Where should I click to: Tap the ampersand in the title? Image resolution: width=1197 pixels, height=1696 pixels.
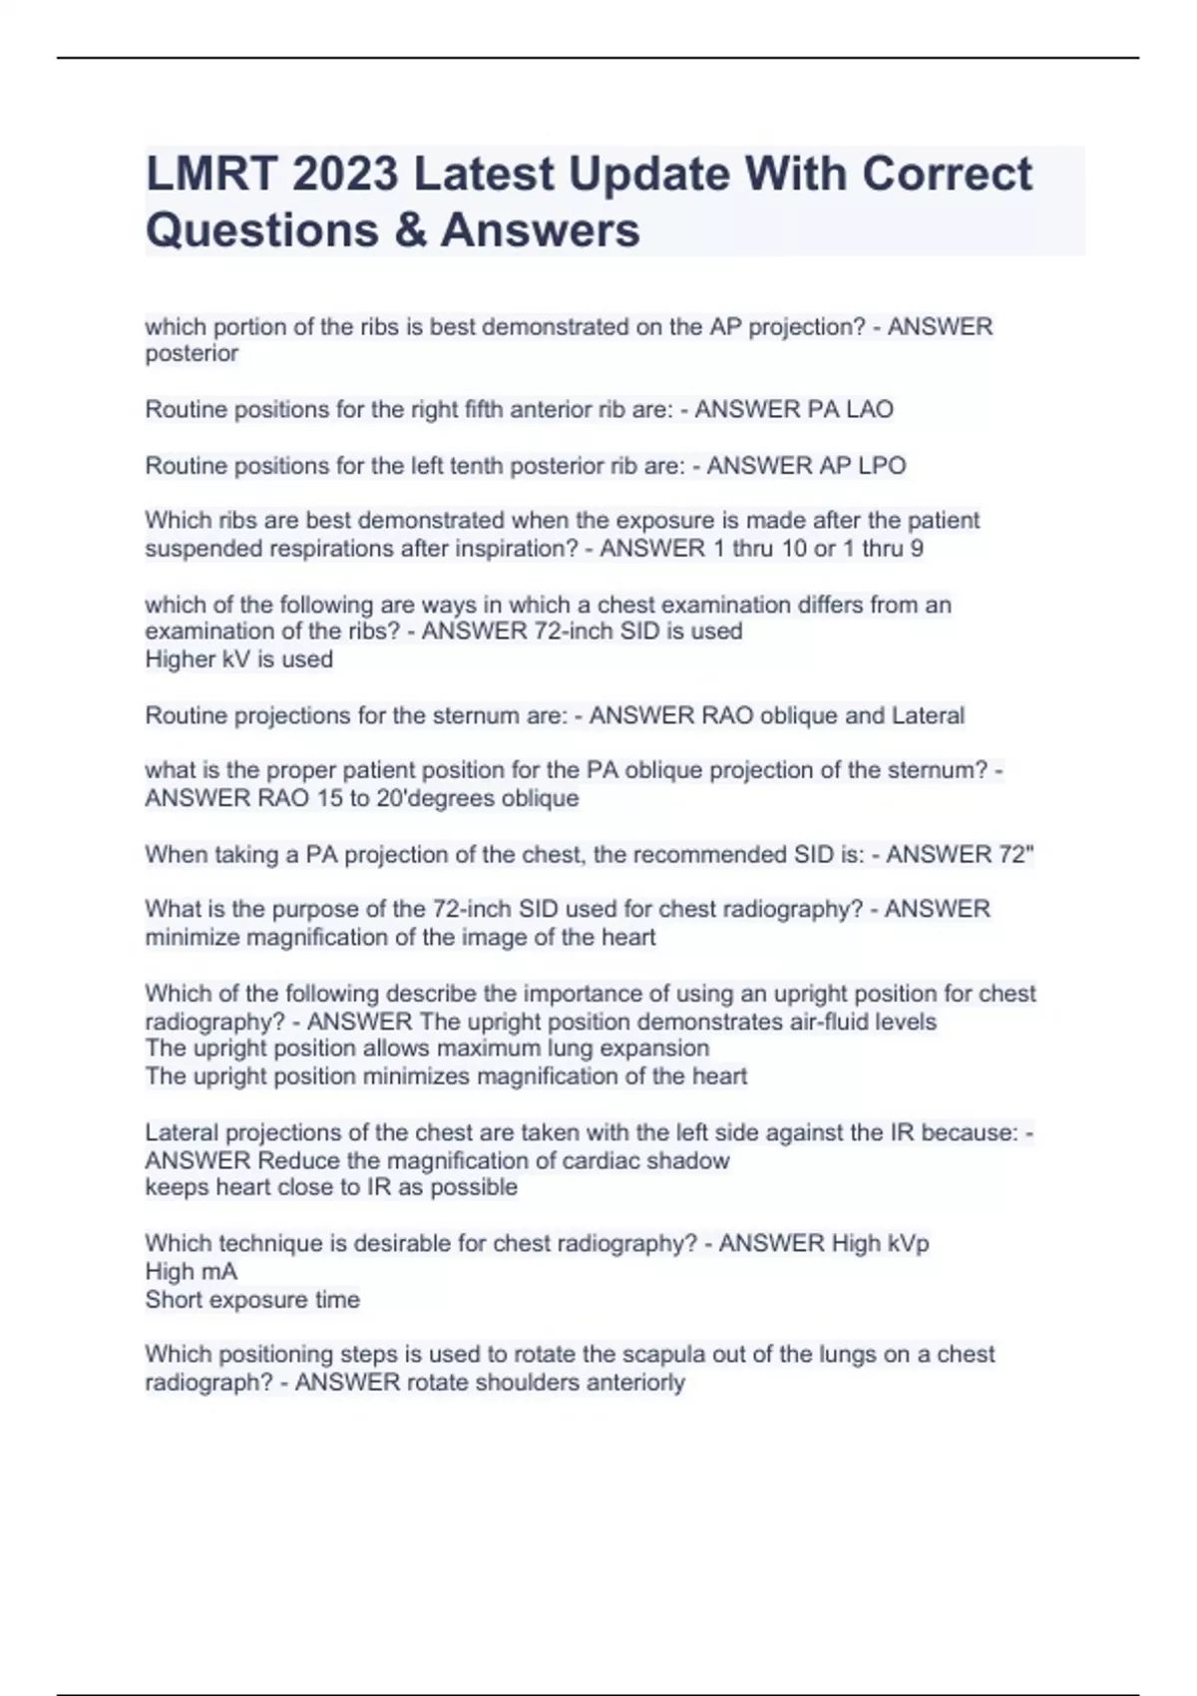tap(409, 230)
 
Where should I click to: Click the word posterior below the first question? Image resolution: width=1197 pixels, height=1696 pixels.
tap(192, 354)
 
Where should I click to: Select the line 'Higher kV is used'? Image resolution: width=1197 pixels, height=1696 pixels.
tap(238, 659)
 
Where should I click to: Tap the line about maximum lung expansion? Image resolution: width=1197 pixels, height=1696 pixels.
tap(427, 1049)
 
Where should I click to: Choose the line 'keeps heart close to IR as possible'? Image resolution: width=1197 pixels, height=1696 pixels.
tap(331, 1187)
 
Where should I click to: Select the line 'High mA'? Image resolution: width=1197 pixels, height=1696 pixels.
tap(191, 1272)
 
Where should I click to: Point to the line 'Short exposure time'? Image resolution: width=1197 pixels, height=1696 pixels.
tap(252, 1300)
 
